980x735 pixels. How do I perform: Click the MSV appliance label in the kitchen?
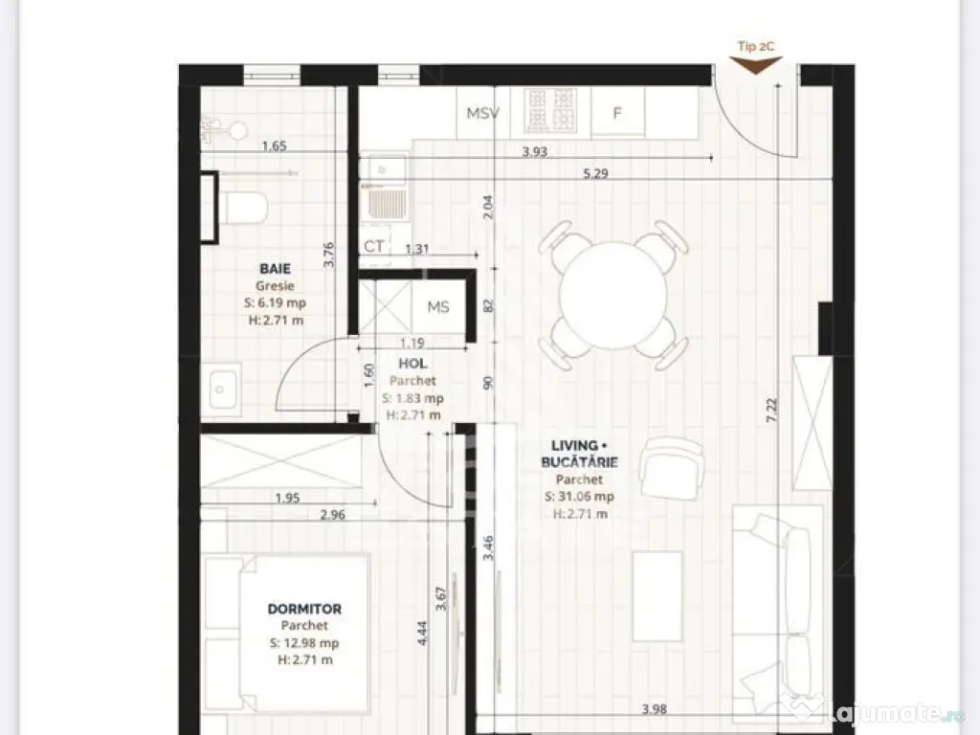[x=482, y=114]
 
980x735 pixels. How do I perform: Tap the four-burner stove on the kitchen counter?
[x=550, y=111]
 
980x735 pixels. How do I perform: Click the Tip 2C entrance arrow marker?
[x=755, y=63]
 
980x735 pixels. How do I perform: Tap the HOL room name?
[x=412, y=365]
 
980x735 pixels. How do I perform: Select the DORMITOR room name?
[x=303, y=609]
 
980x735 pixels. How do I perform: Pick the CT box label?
[x=374, y=246]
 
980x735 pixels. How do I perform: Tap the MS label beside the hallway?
[x=438, y=307]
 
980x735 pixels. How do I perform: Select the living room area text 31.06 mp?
[x=579, y=497]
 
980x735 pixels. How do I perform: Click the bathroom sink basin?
[x=224, y=390]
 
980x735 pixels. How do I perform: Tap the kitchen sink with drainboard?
[x=385, y=203]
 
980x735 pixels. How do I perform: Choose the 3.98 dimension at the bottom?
[x=654, y=709]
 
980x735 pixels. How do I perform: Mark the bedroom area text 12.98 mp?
[x=303, y=643]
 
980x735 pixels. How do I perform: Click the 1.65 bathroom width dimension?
[x=275, y=146]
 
